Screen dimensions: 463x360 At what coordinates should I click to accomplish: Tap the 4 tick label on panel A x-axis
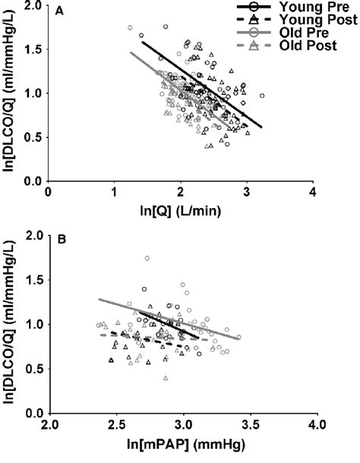pos(312,193)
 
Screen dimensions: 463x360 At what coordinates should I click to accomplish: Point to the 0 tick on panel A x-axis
pos(49,193)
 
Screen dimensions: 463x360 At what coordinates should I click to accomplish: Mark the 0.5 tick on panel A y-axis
pos(32,137)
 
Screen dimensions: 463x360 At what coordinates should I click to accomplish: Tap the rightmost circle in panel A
pos(262,96)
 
